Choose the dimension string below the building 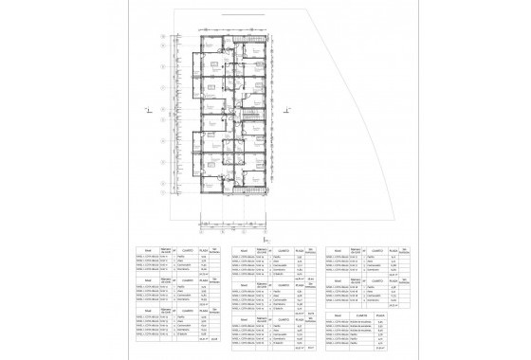coord(232,225)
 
